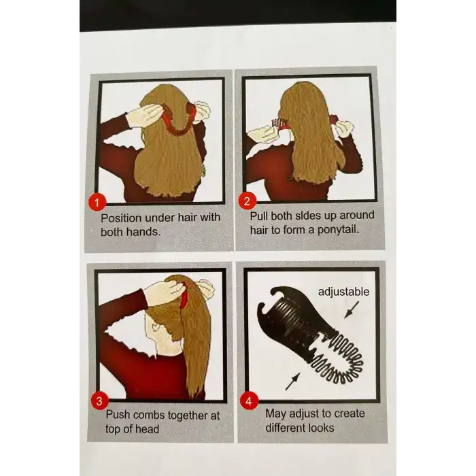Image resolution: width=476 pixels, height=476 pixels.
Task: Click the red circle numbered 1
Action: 97,202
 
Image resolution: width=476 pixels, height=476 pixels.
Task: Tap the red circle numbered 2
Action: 247,201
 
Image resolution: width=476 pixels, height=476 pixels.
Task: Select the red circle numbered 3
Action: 99,401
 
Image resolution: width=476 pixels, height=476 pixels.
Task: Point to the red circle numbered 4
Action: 249,401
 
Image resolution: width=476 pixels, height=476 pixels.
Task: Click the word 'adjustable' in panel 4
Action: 343,292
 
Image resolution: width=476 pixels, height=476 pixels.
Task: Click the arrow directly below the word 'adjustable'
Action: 352,309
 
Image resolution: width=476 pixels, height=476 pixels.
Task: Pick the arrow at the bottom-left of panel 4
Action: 293,381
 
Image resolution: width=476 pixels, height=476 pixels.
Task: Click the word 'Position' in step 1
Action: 121,218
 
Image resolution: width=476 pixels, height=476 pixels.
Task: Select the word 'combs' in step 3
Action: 149,415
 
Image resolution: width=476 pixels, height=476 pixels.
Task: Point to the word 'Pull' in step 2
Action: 259,216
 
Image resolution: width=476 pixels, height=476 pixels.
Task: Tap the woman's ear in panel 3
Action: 156,327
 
